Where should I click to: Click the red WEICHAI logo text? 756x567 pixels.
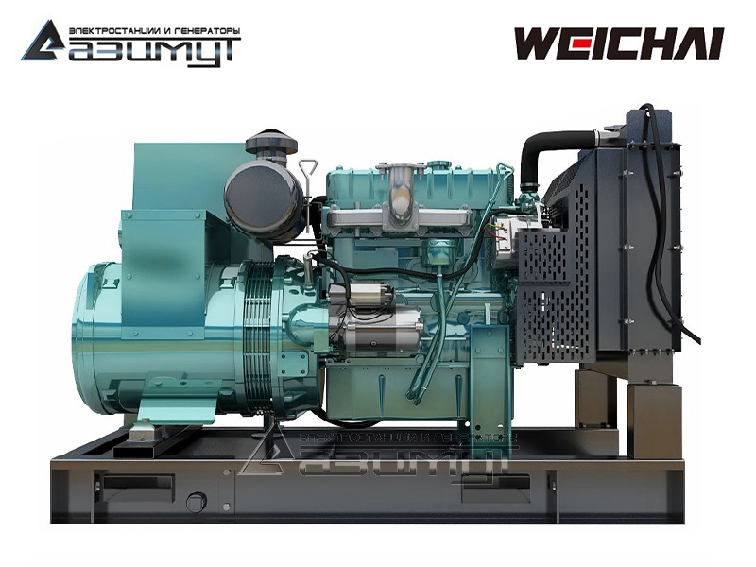[620, 43]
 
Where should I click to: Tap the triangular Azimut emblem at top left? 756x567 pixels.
[43, 41]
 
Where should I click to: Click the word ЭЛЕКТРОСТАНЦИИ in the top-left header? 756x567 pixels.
[115, 31]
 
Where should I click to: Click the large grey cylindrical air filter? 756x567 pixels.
[265, 196]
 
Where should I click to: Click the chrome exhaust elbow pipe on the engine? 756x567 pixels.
[400, 196]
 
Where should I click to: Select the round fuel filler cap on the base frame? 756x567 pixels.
[197, 502]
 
